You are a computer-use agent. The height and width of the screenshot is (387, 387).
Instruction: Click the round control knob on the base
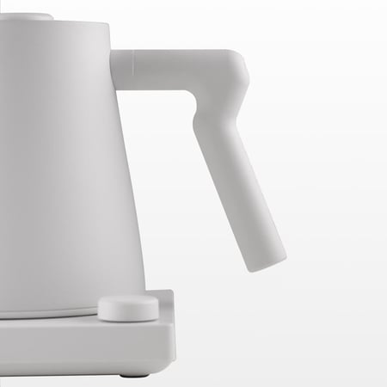tap(127, 308)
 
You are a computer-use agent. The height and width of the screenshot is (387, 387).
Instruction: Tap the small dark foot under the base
tap(129, 375)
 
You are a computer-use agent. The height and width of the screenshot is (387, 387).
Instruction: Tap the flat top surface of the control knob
tap(127, 301)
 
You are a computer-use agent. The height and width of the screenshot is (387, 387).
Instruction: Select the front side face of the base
tap(86, 348)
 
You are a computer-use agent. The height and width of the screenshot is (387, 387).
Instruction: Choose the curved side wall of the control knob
tap(127, 314)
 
